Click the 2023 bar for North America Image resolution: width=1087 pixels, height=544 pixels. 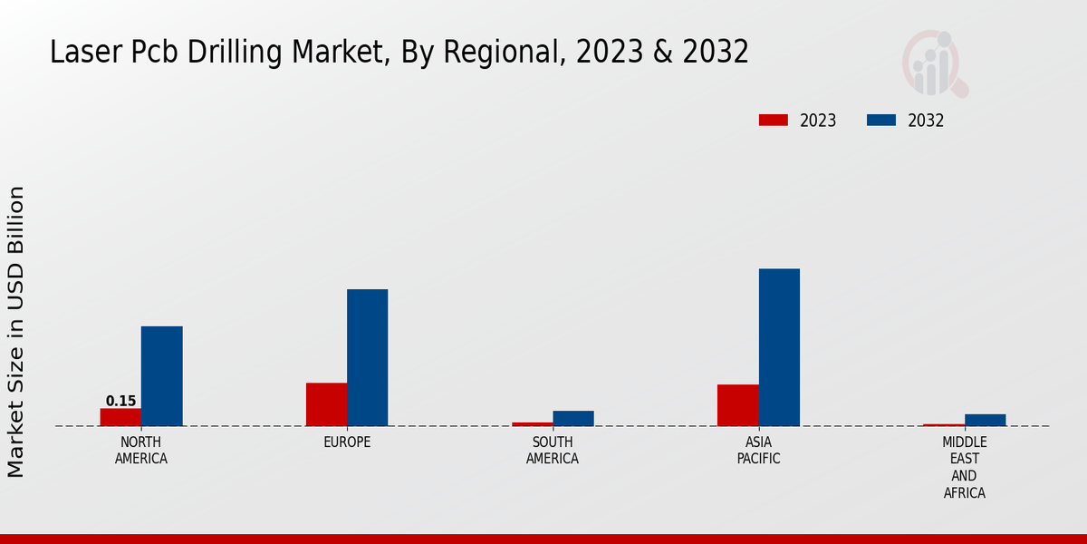pos(120,417)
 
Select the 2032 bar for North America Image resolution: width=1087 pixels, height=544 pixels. pos(161,376)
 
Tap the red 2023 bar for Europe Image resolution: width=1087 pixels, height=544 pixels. pos(326,404)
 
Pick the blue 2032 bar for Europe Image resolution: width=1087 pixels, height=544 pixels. pos(367,357)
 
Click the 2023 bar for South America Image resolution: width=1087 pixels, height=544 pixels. pos(532,423)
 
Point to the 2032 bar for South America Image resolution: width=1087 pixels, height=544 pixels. pos(573,418)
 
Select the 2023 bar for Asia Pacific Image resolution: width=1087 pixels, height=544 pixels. pos(737,405)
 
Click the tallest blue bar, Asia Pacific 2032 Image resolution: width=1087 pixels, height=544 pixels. pos(779,347)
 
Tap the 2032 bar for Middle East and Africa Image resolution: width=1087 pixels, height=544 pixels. pos(985,420)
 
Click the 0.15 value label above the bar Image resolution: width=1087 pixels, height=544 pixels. pos(120,401)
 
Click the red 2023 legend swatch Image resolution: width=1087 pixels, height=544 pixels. pos(773,121)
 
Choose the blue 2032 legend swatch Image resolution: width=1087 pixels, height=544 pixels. pos(880,121)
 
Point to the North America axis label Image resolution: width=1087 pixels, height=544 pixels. pos(140,451)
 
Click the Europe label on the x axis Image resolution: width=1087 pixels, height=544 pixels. pos(347,442)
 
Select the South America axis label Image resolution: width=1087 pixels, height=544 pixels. pos(553,451)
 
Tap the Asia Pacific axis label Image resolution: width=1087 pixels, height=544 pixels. pos(758,451)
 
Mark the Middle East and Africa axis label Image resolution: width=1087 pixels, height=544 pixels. pos(964,468)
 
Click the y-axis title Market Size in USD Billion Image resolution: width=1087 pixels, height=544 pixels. pos(16,332)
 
